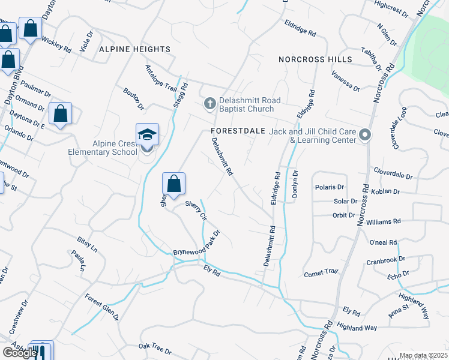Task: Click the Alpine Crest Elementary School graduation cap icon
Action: [147, 134]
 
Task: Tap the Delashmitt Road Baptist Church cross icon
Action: [209, 104]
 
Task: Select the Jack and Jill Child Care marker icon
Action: [365, 135]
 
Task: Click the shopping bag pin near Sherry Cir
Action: [173, 183]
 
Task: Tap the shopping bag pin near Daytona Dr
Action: [61, 113]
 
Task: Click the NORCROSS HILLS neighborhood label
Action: [315, 60]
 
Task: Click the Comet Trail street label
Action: [321, 272]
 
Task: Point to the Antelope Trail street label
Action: [161, 78]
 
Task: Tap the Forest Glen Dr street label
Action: [101, 306]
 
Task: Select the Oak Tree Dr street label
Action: [155, 347]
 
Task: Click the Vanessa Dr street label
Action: [345, 81]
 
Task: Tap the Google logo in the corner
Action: [19, 353]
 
